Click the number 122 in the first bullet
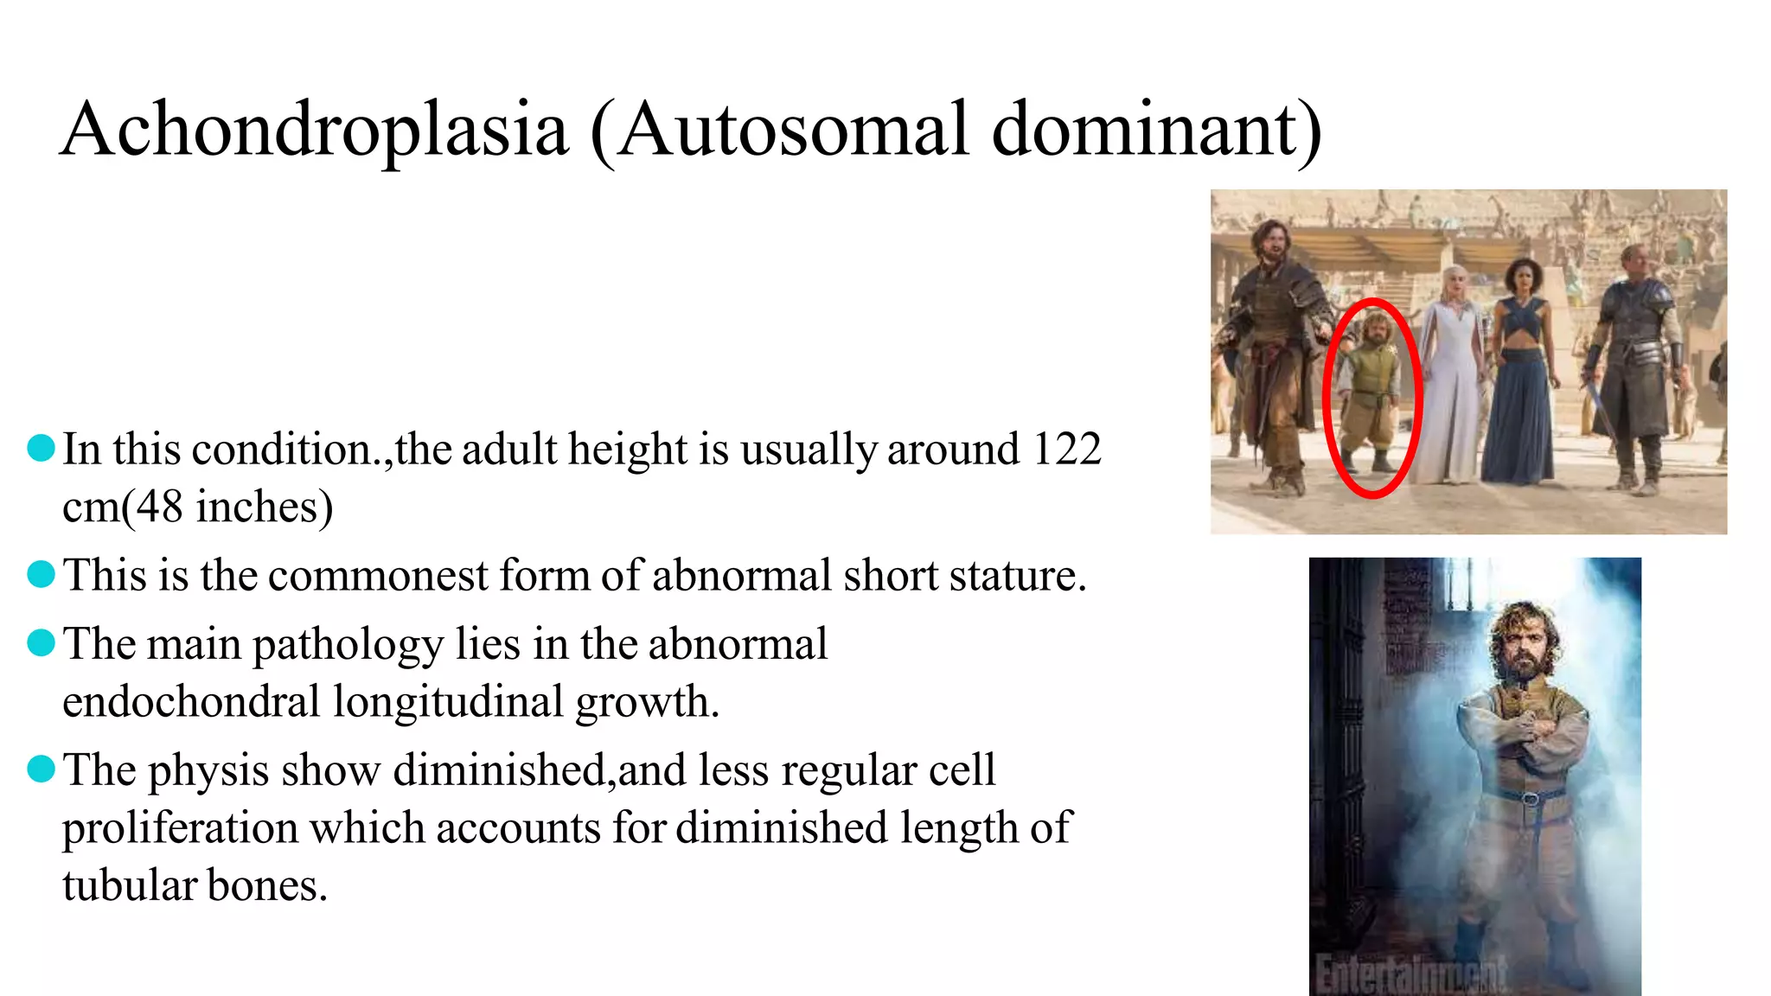tap(1067, 449)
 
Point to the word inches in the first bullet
tap(264, 507)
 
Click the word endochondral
tap(191, 701)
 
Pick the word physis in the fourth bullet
tap(208, 771)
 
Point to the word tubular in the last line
tap(130, 885)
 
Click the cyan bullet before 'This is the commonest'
tap(41, 573)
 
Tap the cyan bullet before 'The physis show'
tap(41, 768)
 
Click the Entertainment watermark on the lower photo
tap(1410, 974)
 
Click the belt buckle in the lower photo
tap(1531, 797)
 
